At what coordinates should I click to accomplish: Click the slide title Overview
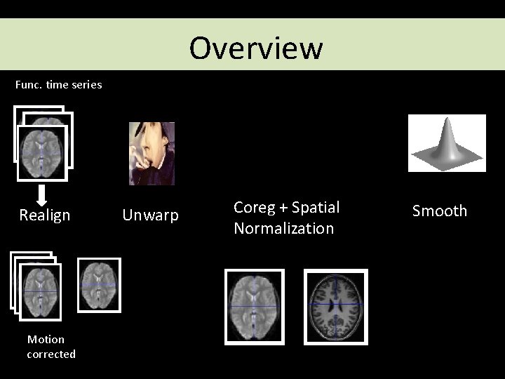(x=256, y=48)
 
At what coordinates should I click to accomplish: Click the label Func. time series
(x=59, y=85)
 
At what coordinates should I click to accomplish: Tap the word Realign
(x=45, y=215)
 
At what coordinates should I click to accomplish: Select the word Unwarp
(x=151, y=215)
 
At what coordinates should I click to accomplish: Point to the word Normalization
(x=284, y=229)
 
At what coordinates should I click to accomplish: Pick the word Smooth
(x=440, y=211)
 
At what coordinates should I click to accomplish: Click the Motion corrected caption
(x=51, y=347)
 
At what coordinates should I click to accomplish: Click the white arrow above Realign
(x=41, y=194)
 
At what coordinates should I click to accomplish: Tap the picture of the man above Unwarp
(x=151, y=153)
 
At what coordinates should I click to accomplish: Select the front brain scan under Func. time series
(x=43, y=153)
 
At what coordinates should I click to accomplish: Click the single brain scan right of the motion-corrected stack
(x=99, y=285)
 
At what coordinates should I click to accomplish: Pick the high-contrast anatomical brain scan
(x=335, y=307)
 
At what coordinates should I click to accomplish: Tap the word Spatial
(x=315, y=208)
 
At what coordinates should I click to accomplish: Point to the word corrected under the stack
(x=51, y=354)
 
